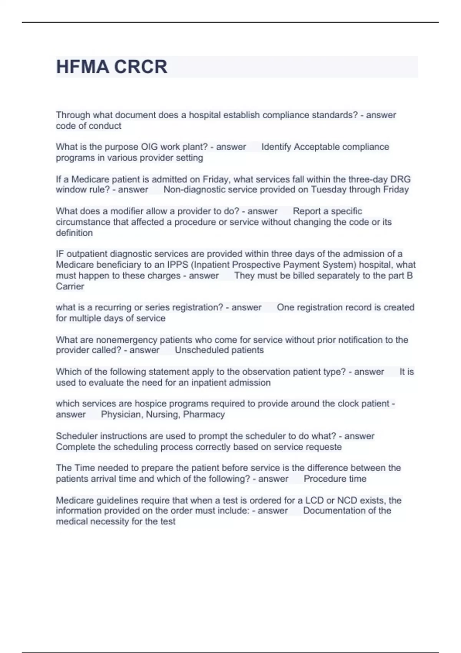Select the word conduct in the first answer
[x=106, y=126]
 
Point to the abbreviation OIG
[x=149, y=147]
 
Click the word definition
[x=74, y=233]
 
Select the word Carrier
[x=70, y=286]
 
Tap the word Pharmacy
[x=204, y=414]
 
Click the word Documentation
[x=335, y=511]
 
